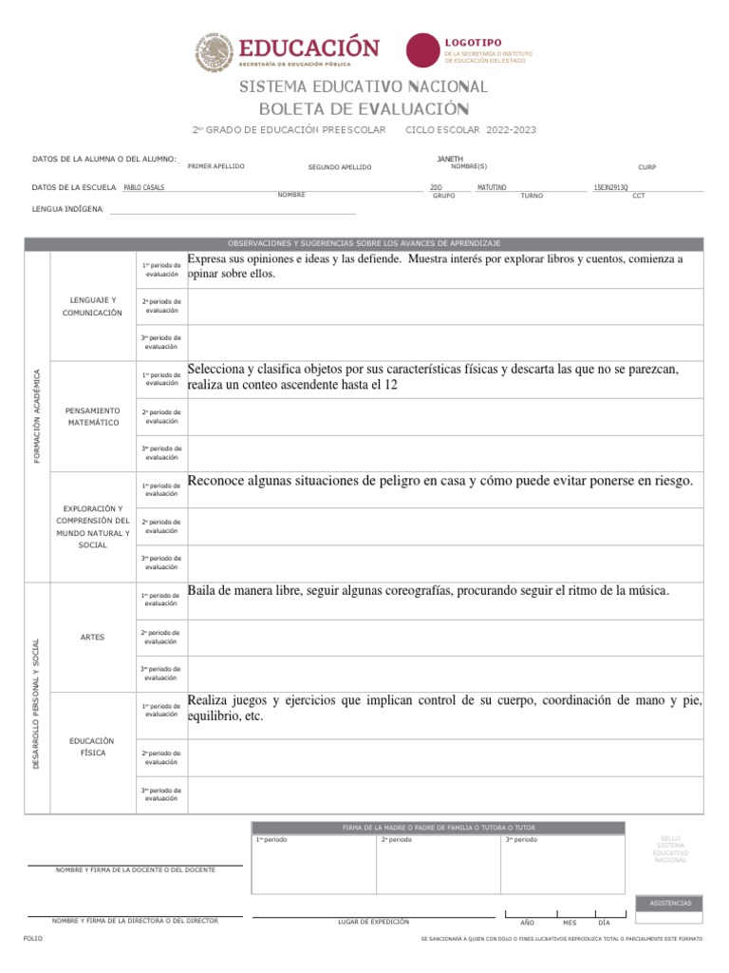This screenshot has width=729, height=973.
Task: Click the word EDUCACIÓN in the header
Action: click(308, 47)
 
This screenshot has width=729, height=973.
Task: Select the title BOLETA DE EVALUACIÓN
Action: click(364, 108)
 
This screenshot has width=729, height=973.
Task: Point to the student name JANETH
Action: click(450, 158)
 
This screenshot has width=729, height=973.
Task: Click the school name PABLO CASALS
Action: click(144, 187)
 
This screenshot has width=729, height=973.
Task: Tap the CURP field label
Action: click(646, 167)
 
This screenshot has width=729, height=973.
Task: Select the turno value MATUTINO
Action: click(492, 187)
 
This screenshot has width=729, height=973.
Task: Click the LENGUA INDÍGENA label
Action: click(67, 208)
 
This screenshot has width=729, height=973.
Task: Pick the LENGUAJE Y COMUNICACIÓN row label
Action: click(94, 306)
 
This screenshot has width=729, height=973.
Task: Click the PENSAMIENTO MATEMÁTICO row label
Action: click(94, 416)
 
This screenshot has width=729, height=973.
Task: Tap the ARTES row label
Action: click(93, 637)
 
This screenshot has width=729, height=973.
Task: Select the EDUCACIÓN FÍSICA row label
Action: click(93, 746)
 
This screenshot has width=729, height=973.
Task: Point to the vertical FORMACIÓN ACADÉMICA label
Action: click(37, 416)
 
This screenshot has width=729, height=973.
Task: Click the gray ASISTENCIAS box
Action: click(670, 903)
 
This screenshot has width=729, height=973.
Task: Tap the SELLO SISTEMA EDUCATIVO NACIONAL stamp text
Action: click(670, 849)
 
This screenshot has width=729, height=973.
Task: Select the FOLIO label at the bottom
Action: click(33, 938)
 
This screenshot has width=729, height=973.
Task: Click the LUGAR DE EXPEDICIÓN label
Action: click(373, 921)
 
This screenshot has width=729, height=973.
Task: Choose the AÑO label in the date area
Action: click(528, 923)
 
